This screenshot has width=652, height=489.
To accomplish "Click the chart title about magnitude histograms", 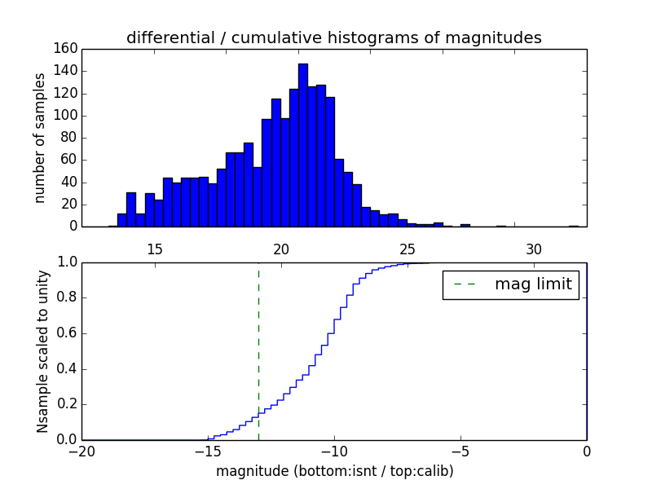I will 333,37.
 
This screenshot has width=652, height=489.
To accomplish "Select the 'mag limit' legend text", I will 533,284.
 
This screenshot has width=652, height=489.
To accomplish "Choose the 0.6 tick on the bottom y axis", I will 66,333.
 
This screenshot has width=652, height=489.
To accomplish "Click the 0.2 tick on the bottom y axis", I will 66,404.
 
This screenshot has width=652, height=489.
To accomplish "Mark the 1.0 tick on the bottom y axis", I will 66,262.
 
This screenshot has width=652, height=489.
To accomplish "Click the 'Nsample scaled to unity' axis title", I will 43,351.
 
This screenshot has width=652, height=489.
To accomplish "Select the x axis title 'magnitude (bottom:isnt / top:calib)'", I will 334,471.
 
